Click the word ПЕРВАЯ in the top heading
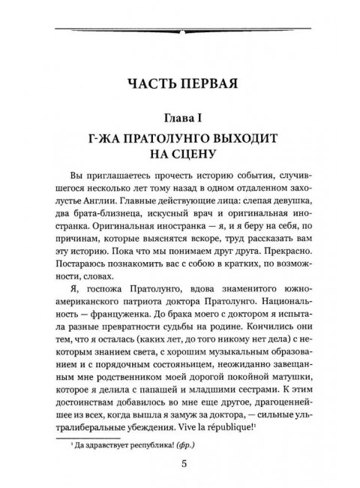(x=211, y=81)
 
